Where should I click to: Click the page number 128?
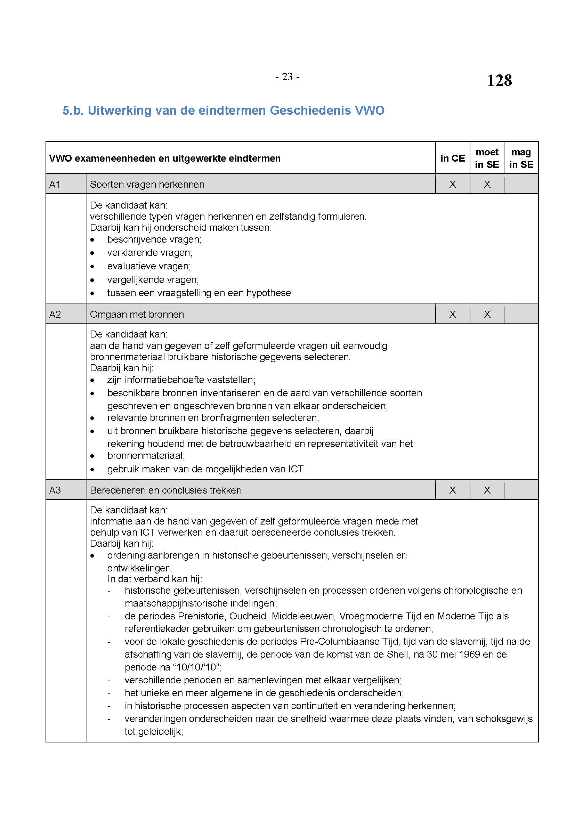click(x=499, y=80)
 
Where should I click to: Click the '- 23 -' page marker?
click(x=287, y=77)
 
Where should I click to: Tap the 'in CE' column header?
click(x=452, y=158)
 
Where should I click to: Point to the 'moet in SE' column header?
click(x=487, y=158)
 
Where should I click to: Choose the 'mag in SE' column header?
click(x=521, y=158)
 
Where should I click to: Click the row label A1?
click(x=55, y=184)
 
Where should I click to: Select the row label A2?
click(x=55, y=314)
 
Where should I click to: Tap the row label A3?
click(x=55, y=490)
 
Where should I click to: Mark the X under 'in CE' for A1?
click(x=453, y=184)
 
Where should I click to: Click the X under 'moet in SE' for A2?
click(x=487, y=314)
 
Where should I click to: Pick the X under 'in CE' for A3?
click(x=453, y=490)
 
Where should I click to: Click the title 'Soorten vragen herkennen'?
click(x=147, y=185)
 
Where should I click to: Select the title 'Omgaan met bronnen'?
click(x=137, y=315)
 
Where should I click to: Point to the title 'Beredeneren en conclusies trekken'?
click(x=166, y=490)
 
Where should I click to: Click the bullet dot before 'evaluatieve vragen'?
click(x=92, y=267)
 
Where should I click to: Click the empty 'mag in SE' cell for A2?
click(x=521, y=314)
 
